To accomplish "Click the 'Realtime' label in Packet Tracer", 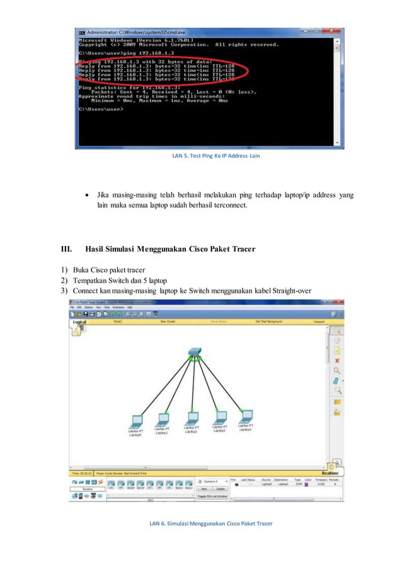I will coord(330,472).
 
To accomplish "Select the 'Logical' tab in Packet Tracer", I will coord(79,322).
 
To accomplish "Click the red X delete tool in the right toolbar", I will coord(337,360).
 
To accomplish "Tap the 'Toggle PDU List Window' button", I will coord(213,496).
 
